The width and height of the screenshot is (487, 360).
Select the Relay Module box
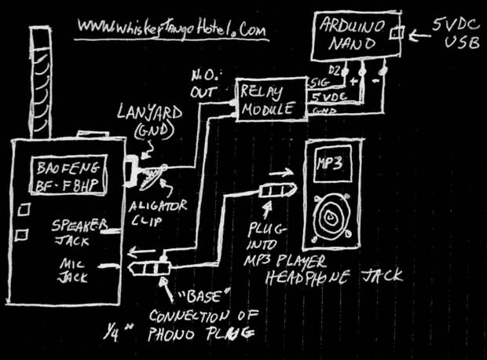tap(272, 99)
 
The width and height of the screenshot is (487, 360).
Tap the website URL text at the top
tap(173, 28)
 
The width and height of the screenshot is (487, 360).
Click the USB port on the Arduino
tap(398, 33)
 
